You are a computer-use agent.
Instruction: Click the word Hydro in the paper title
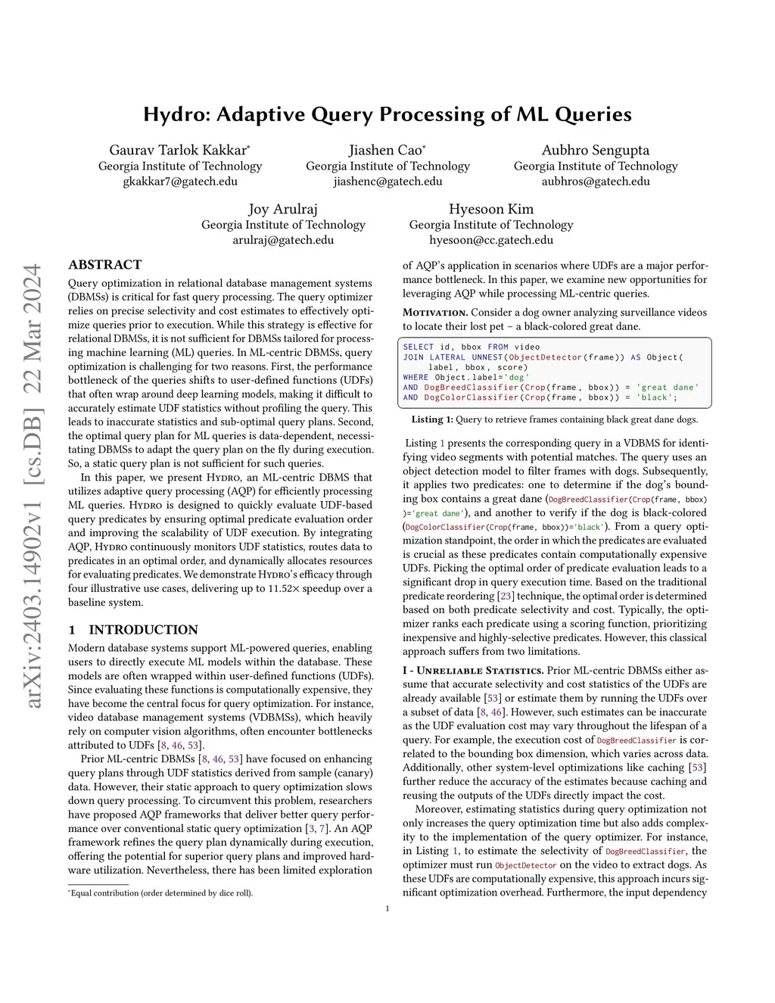(x=176, y=115)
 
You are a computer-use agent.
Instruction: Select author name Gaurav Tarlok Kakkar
(x=179, y=150)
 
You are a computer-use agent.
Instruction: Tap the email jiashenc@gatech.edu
(x=387, y=182)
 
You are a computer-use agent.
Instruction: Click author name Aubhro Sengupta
(x=595, y=150)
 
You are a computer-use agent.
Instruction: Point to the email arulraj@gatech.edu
(x=283, y=240)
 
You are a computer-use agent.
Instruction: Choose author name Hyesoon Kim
(x=490, y=209)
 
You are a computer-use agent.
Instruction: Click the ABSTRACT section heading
(x=105, y=265)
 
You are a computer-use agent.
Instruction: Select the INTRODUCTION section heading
(x=143, y=630)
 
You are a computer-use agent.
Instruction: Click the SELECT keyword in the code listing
(x=419, y=347)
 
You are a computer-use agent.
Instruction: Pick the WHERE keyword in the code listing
(x=416, y=377)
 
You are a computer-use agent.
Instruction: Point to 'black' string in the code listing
(x=655, y=397)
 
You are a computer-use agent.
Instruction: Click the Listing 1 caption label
(x=432, y=419)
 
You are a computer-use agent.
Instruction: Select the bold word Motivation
(x=435, y=313)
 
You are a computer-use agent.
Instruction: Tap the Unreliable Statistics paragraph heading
(x=473, y=670)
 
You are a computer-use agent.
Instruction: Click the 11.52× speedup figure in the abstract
(x=285, y=588)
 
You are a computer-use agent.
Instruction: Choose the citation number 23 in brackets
(x=505, y=596)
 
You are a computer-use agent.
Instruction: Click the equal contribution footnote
(x=160, y=892)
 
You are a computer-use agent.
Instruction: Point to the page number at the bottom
(x=387, y=908)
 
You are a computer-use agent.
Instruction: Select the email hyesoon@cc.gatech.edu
(x=490, y=240)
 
